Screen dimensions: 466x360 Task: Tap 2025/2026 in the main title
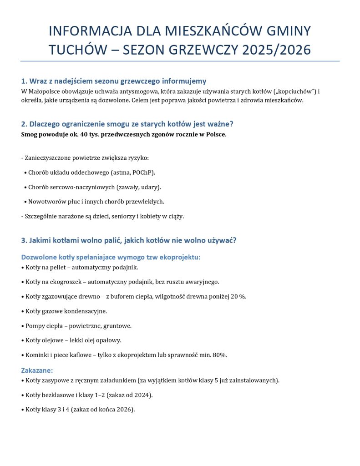click(x=276, y=50)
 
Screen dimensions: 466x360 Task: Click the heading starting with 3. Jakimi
click(x=128, y=240)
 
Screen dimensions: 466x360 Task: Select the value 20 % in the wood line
click(x=238, y=297)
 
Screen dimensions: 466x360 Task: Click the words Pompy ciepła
click(x=42, y=326)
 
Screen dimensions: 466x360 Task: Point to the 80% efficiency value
click(x=219, y=355)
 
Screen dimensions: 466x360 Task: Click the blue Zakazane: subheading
click(x=37, y=370)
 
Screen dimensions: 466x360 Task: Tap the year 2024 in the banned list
click(x=141, y=395)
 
